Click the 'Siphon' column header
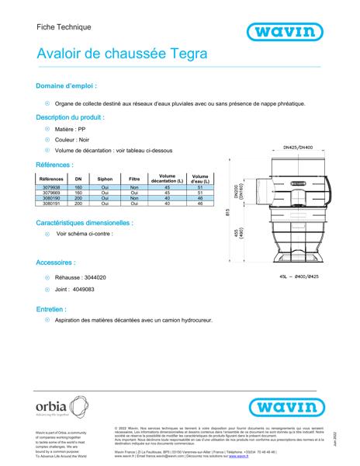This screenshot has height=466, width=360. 105,179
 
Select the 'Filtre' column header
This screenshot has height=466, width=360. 133,179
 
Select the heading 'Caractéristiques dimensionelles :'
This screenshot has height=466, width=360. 84,221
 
